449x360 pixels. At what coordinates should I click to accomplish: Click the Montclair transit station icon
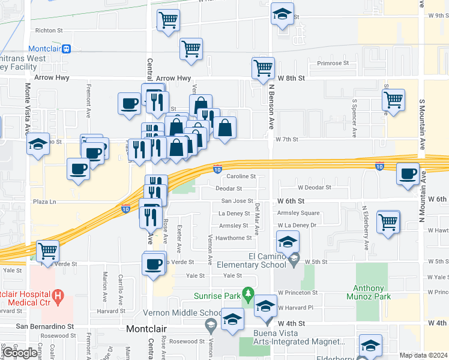pos(66,49)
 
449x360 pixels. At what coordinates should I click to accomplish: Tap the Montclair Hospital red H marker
pos(58,295)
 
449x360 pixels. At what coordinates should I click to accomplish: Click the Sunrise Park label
pos(216,295)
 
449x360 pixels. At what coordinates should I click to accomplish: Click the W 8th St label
pos(291,78)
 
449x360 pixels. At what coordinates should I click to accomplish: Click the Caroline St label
pos(241,176)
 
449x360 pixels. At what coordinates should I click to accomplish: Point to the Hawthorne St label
pos(235,238)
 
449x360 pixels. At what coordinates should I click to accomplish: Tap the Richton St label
pos(49,30)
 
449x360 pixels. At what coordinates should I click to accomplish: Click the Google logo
pos(19,353)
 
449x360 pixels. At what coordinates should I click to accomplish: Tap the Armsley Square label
pos(298,213)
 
